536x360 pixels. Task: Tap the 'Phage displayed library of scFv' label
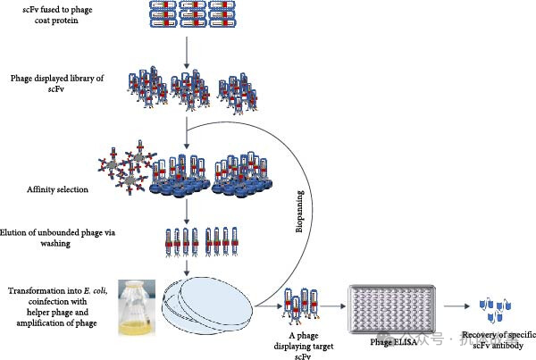point(53,84)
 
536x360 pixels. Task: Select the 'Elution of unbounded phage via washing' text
point(59,239)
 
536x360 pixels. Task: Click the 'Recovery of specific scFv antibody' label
point(496,340)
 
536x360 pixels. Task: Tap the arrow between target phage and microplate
point(331,306)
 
